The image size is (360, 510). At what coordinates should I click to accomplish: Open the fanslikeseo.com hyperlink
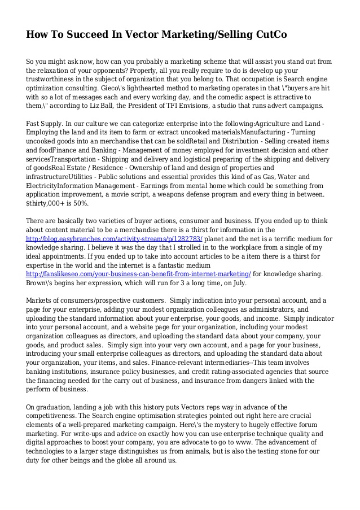point(138,274)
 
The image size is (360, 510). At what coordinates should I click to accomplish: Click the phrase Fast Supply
point(45,123)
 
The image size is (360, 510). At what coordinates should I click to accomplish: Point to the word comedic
point(240,97)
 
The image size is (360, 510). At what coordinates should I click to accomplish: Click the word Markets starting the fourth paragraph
point(41,300)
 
